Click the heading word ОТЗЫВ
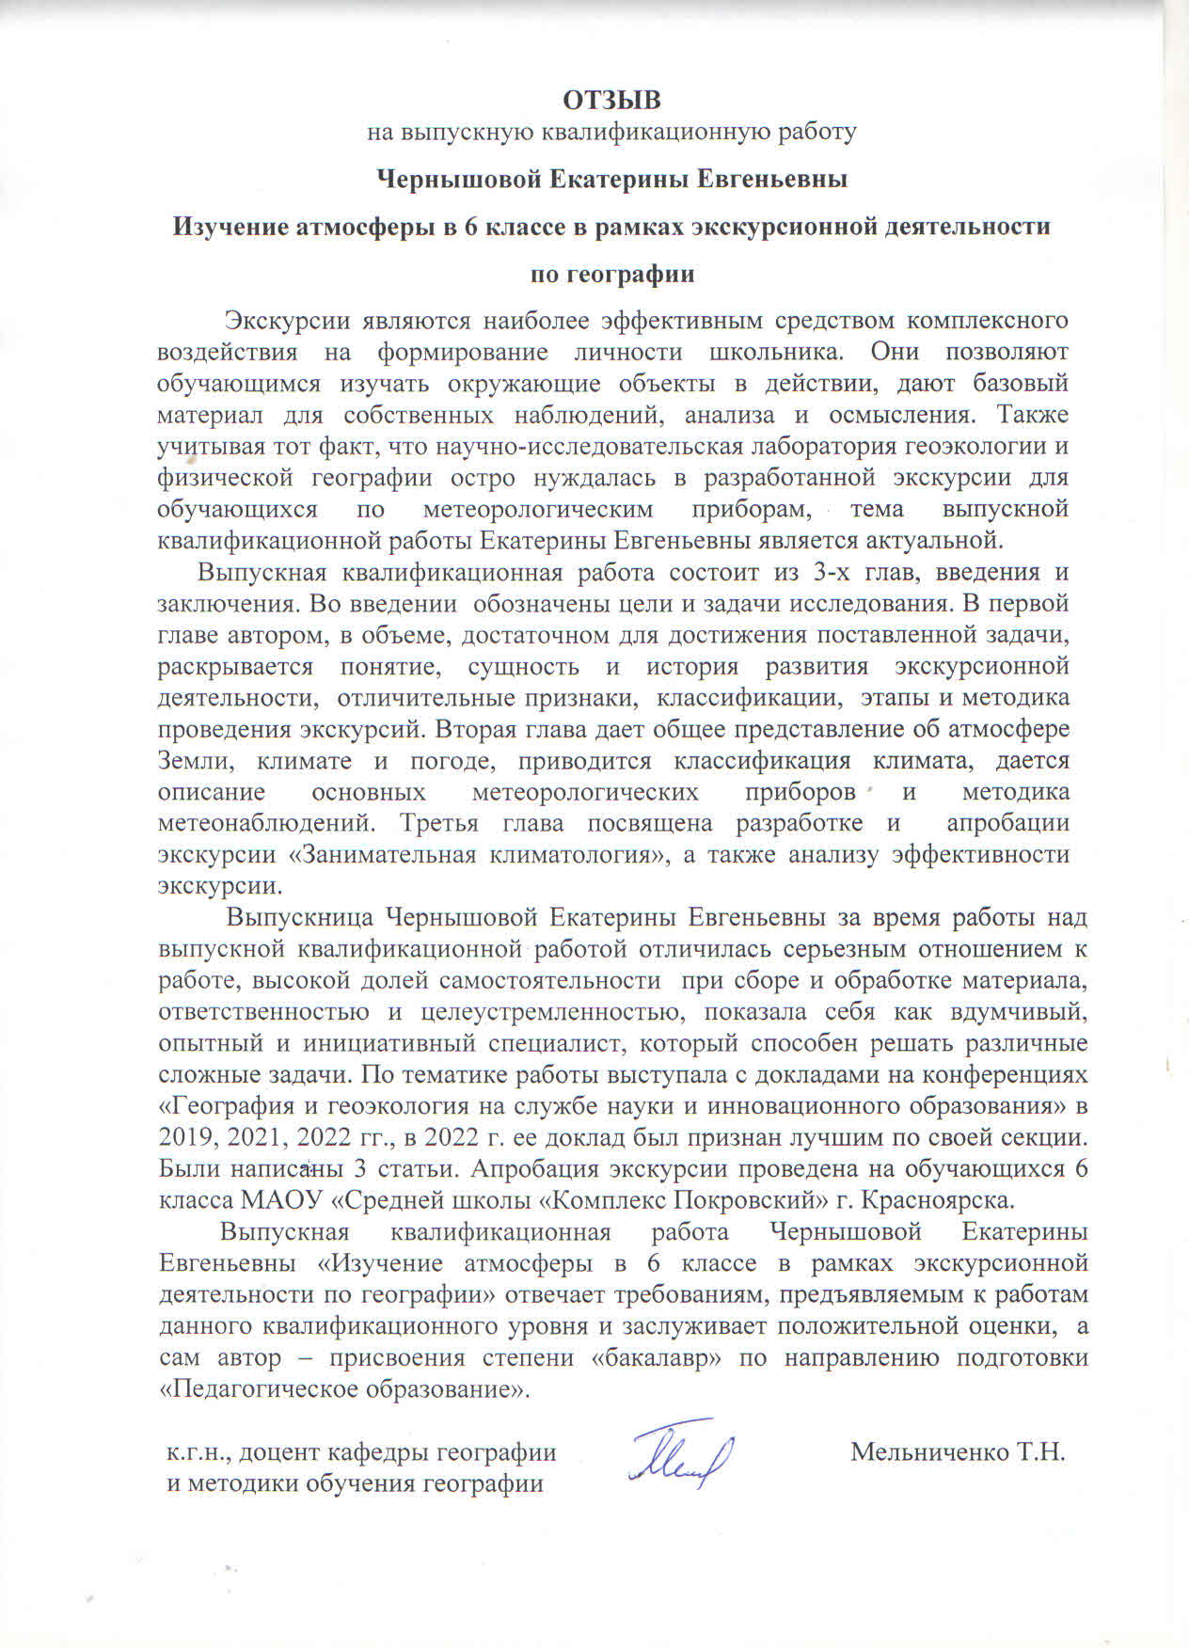[612, 99]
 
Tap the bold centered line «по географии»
[613, 274]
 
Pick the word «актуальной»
[926, 541]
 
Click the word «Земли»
[190, 761]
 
